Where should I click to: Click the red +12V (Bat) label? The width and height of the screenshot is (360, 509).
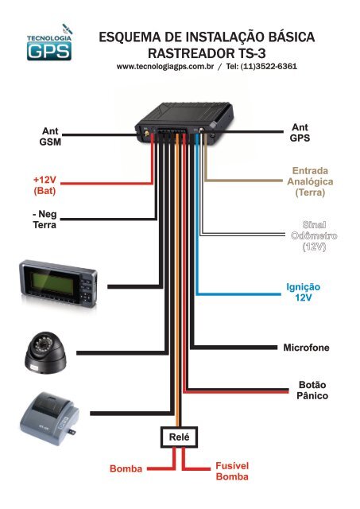click(40, 185)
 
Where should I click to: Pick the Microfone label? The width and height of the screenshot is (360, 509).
click(312, 348)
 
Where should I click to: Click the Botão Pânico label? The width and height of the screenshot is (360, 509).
click(312, 389)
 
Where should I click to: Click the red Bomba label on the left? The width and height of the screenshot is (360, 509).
click(125, 470)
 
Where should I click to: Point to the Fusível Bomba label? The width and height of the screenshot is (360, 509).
click(232, 470)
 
